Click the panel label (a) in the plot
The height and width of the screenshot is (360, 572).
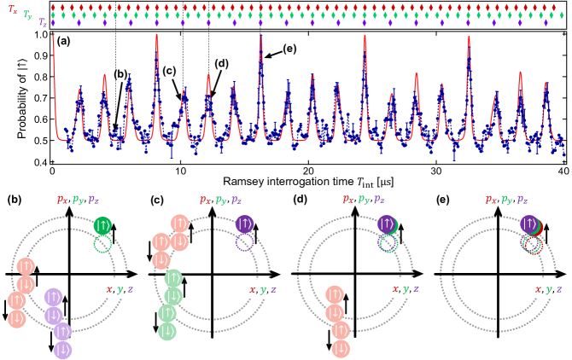pos(64,40)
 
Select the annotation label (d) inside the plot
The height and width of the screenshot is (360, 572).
pos(223,64)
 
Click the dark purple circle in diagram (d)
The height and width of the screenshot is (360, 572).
pos(388,227)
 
